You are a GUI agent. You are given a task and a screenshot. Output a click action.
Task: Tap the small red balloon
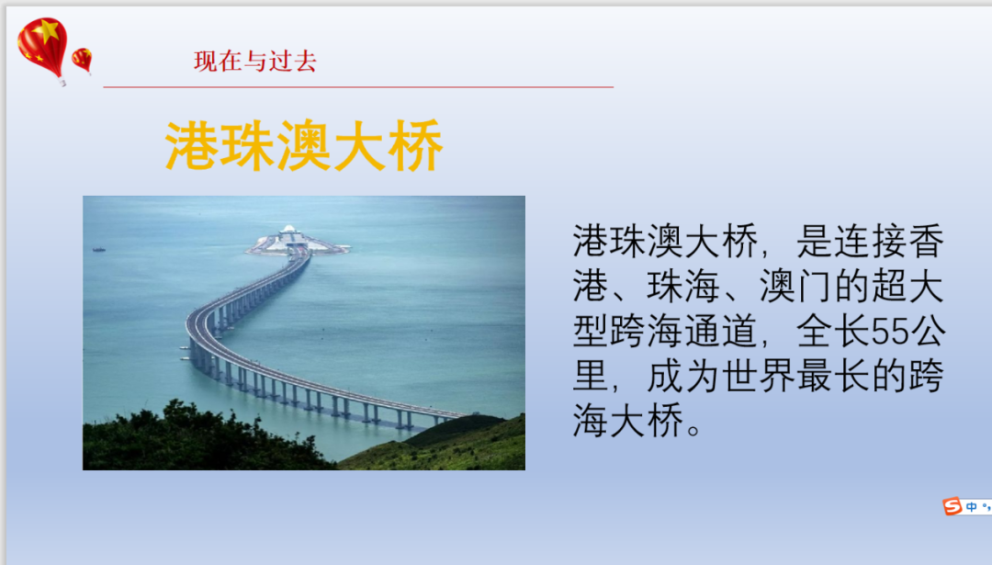tap(83, 61)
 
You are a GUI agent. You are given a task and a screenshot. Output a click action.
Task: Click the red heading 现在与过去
tap(255, 62)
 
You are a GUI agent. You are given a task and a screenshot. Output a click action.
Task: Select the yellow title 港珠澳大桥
tap(304, 145)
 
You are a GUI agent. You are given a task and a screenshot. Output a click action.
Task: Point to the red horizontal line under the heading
tap(358, 86)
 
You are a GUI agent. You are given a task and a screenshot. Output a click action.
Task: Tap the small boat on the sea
tap(98, 249)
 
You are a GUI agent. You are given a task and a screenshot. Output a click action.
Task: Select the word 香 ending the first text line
tap(926, 241)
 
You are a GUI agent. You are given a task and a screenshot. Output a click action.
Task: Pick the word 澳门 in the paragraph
tap(795, 286)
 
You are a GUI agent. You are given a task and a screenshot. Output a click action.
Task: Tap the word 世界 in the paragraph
tap(759, 376)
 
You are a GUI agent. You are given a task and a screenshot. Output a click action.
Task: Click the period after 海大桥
tap(693, 430)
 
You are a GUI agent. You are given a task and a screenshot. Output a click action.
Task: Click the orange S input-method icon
tap(953, 506)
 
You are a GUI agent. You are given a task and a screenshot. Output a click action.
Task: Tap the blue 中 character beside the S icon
tap(971, 507)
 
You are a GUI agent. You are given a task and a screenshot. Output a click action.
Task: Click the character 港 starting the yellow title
tap(192, 145)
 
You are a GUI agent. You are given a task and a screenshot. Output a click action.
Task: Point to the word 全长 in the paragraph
tap(833, 331)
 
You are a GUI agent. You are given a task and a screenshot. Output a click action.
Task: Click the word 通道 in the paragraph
tap(721, 331)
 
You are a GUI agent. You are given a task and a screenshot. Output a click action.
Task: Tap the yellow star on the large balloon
tap(47, 29)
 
